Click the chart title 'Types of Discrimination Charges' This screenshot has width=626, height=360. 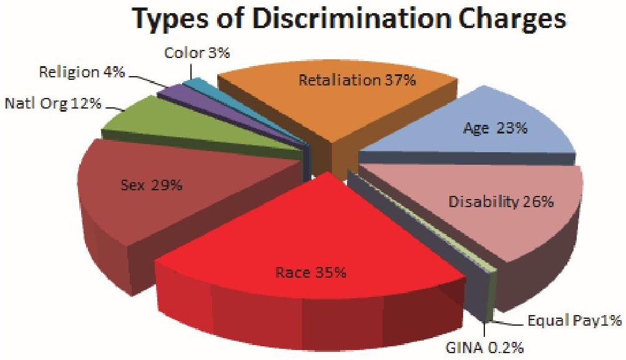350,19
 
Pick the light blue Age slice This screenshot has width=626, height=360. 479,128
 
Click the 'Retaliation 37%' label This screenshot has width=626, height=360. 358,80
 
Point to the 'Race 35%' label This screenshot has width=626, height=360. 311,273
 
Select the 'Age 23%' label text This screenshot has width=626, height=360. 495,128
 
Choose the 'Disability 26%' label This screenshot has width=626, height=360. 501,202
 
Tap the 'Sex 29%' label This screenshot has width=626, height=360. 151,185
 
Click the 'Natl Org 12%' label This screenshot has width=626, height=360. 53,104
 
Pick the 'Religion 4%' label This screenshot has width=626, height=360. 82,72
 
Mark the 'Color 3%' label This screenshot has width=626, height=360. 197,52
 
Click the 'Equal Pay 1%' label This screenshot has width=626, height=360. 574,321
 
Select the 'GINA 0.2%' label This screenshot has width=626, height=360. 484,348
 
